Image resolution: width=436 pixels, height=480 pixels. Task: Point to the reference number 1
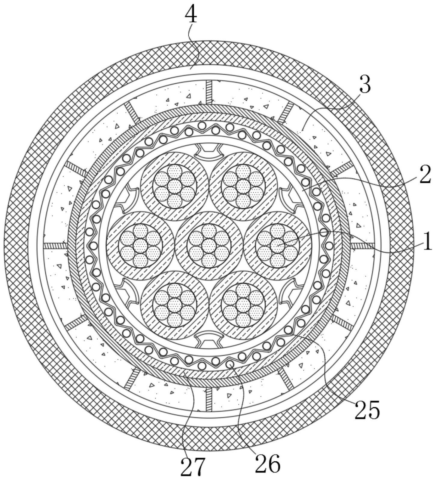[427, 243]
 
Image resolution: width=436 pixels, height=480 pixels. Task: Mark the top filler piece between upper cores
[209, 152]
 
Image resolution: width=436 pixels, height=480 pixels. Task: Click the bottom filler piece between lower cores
[209, 339]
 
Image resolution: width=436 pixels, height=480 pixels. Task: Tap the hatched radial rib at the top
[209, 92]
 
